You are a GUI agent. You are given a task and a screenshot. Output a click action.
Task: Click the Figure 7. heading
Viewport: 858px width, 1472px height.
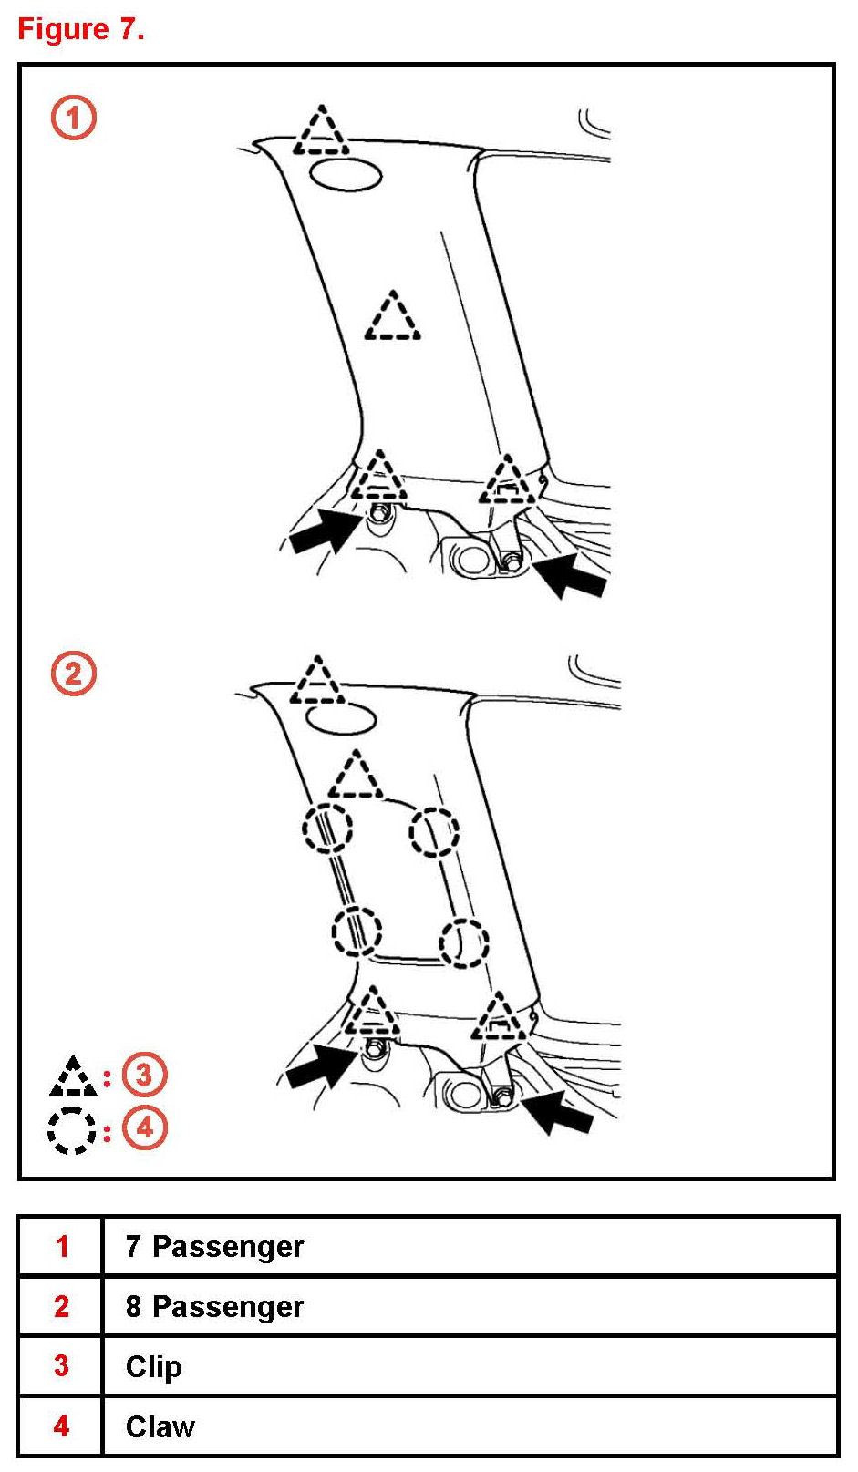[81, 29]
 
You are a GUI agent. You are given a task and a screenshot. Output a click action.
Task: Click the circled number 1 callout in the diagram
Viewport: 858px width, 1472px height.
[73, 118]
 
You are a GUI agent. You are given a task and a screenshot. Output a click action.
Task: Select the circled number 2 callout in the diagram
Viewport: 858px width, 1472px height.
[73, 674]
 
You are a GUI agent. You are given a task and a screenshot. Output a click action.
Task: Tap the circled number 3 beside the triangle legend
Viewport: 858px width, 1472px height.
[144, 1075]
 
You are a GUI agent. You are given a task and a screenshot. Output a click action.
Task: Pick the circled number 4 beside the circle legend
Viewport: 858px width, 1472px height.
[144, 1128]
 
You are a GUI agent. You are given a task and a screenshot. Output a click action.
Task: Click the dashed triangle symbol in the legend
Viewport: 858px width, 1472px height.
[73, 1078]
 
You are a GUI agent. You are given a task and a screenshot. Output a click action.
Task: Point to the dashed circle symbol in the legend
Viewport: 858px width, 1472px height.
[71, 1130]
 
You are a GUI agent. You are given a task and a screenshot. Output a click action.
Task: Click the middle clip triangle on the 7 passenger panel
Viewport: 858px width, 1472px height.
[393, 318]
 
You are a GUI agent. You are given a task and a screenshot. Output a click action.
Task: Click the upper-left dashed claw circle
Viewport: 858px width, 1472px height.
[327, 829]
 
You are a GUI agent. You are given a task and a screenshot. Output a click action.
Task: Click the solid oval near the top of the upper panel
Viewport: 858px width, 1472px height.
[346, 175]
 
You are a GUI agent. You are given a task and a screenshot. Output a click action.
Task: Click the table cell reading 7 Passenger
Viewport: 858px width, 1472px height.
[214, 1246]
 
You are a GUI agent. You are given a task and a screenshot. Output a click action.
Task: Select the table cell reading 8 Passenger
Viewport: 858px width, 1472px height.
[214, 1306]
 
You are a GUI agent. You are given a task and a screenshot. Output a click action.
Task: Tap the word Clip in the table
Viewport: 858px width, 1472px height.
[154, 1366]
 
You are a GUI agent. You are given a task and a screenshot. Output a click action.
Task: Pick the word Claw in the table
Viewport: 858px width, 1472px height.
[160, 1426]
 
